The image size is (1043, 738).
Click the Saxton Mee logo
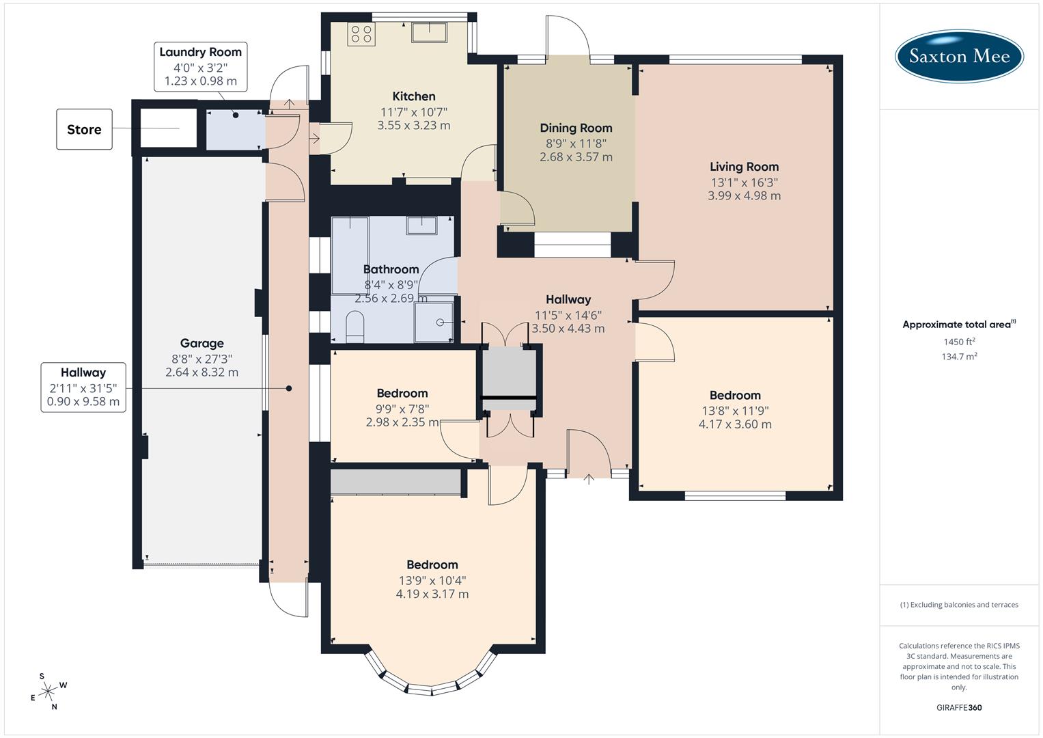point(959,55)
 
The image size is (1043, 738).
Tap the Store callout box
point(84,129)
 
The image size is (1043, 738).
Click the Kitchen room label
point(413,96)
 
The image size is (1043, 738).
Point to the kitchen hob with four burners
point(361,34)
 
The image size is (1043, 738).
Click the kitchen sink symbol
point(429,31)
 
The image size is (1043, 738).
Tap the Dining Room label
point(576,128)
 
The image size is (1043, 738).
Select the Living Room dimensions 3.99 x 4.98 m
point(744,195)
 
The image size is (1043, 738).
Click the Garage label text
point(201,343)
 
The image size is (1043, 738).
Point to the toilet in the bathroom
point(355,327)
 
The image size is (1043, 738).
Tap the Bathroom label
point(391,269)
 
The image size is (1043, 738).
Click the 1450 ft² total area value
point(959,342)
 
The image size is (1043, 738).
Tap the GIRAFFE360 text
point(959,707)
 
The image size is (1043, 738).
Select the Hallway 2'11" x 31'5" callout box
point(83,387)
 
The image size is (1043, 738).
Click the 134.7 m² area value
point(959,357)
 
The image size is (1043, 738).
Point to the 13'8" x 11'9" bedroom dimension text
point(735,411)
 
